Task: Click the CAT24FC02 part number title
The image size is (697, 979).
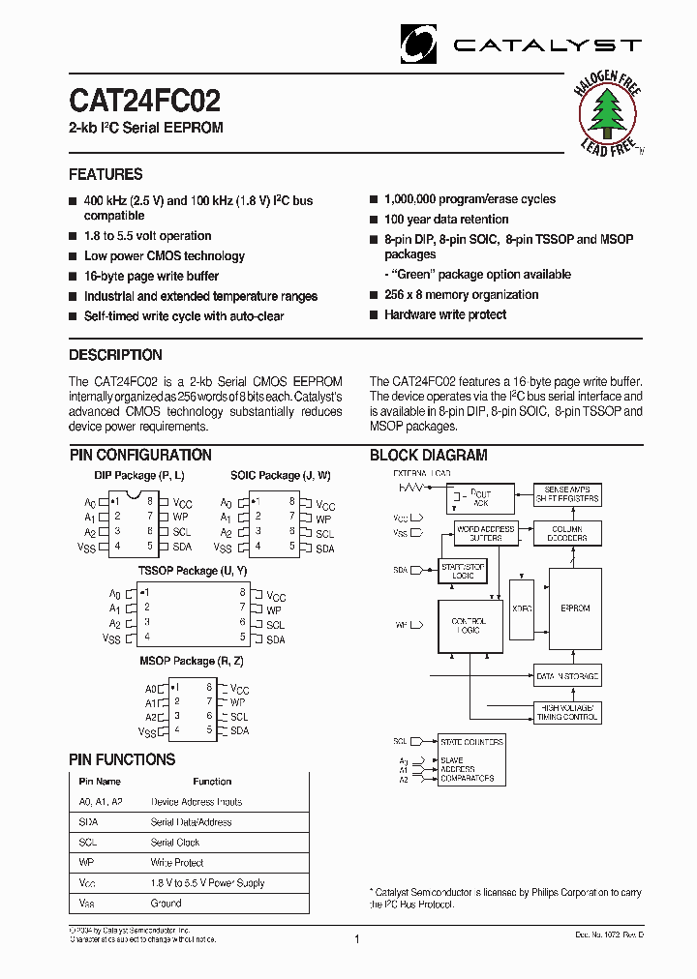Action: tap(144, 101)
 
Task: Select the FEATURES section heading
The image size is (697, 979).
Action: tap(106, 174)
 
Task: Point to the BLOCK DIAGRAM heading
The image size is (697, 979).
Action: tap(429, 455)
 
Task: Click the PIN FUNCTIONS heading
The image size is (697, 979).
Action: tap(122, 759)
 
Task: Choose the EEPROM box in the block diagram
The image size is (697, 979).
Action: tap(575, 608)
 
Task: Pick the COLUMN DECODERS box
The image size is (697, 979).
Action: tap(568, 533)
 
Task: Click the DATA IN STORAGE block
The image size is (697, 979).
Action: tap(567, 676)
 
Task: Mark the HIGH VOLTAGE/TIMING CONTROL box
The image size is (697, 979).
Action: tap(567, 713)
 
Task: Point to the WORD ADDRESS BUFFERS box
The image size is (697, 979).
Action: tap(486, 533)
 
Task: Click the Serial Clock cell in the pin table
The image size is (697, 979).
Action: tap(175, 843)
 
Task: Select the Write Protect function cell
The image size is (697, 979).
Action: tap(177, 863)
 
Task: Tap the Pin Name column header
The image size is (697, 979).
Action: tap(100, 782)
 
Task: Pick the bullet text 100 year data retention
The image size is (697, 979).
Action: tap(446, 220)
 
